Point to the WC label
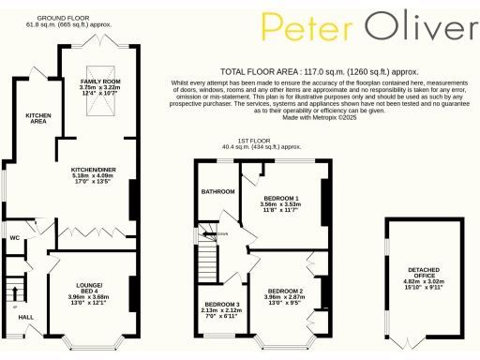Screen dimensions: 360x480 tap(14, 237)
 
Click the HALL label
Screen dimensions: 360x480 tap(26, 317)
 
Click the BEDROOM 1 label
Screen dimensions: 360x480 tap(281, 200)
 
